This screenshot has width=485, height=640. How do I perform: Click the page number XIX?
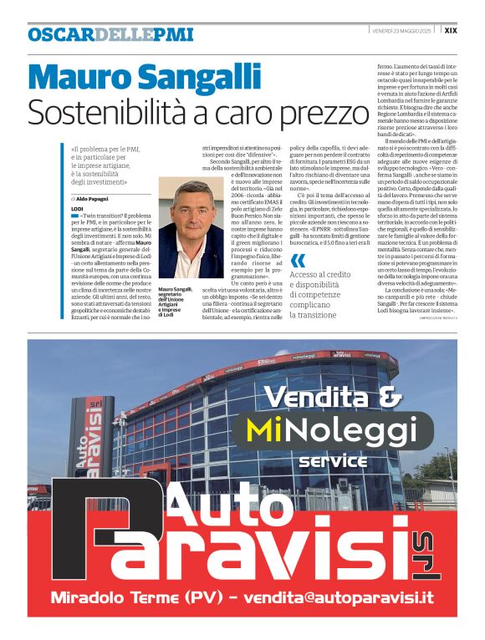tap(450, 30)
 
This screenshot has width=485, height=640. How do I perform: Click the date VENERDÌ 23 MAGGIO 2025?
tap(405, 30)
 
